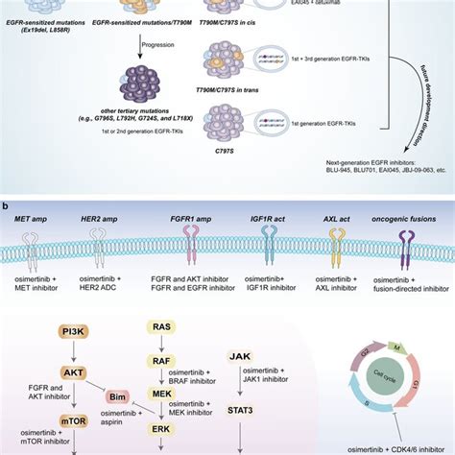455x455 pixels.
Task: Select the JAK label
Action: pos(240,356)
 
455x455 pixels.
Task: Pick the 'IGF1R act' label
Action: pos(272,222)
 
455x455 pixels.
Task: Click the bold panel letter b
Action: pos(7,205)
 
